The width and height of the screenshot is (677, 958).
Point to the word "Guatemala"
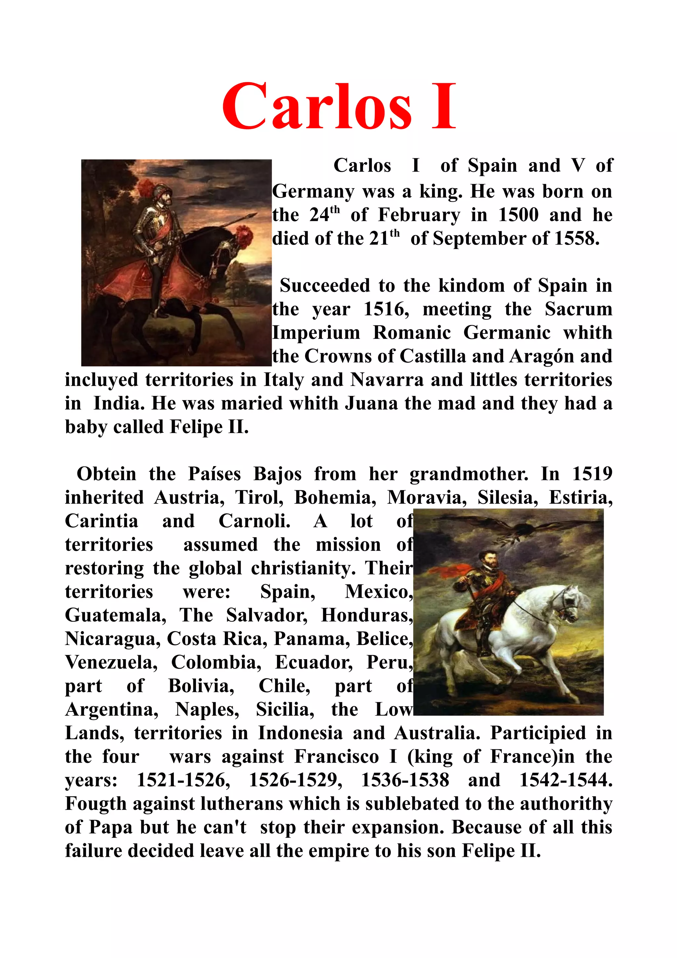(x=115, y=616)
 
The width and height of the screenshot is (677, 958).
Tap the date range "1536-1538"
(x=405, y=780)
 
